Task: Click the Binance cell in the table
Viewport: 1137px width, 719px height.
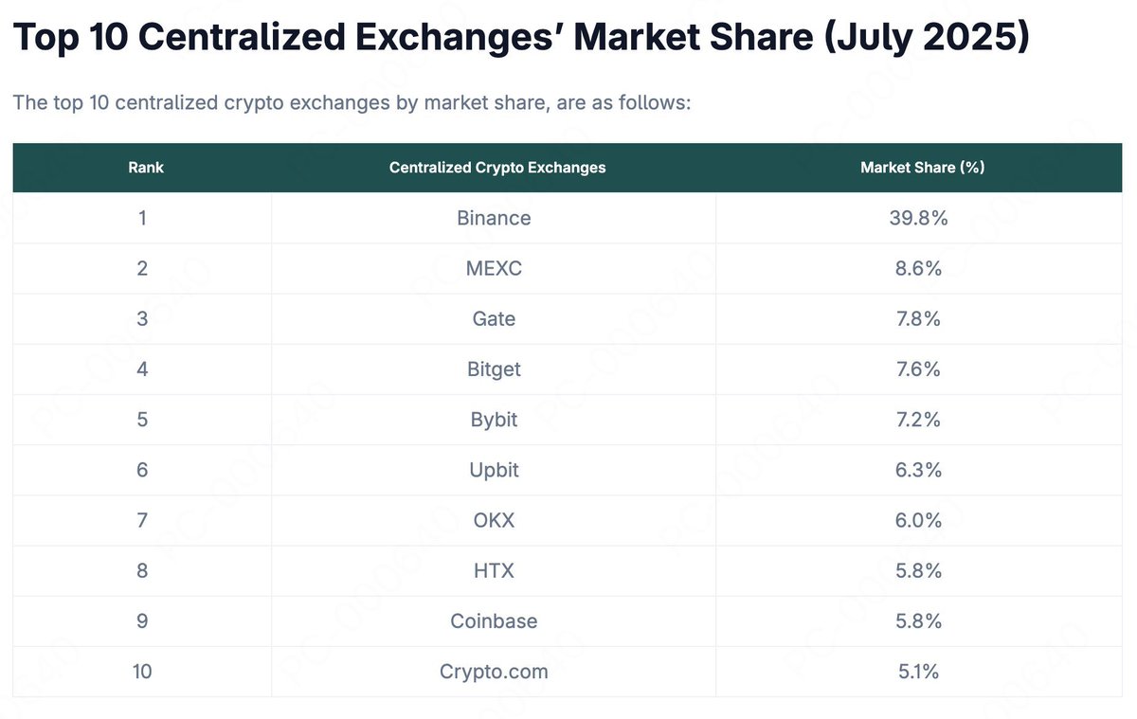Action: point(494,218)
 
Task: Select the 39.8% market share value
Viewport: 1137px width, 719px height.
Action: point(919,218)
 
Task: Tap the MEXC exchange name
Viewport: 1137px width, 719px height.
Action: point(494,268)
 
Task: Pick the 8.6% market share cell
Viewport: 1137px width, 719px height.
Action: point(919,268)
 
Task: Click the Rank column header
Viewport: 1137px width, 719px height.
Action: point(146,168)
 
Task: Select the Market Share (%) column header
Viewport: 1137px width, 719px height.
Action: point(922,168)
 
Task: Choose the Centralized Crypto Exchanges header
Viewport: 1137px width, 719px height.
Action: point(496,168)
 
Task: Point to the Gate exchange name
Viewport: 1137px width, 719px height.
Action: point(494,318)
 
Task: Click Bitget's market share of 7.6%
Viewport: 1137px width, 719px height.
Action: point(919,368)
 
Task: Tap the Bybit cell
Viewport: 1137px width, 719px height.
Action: point(494,419)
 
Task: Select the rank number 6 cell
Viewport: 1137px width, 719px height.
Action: point(142,470)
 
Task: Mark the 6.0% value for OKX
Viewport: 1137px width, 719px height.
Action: point(919,520)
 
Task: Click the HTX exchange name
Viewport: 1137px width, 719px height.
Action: point(494,570)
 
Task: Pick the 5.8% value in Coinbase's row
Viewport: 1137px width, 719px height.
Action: point(919,620)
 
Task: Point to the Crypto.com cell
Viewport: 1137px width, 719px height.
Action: point(494,672)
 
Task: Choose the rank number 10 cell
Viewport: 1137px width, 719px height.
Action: point(142,672)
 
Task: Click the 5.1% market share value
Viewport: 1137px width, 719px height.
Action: point(919,672)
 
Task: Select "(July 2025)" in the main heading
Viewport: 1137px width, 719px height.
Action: point(926,38)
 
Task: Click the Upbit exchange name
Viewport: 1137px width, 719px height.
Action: point(494,470)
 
